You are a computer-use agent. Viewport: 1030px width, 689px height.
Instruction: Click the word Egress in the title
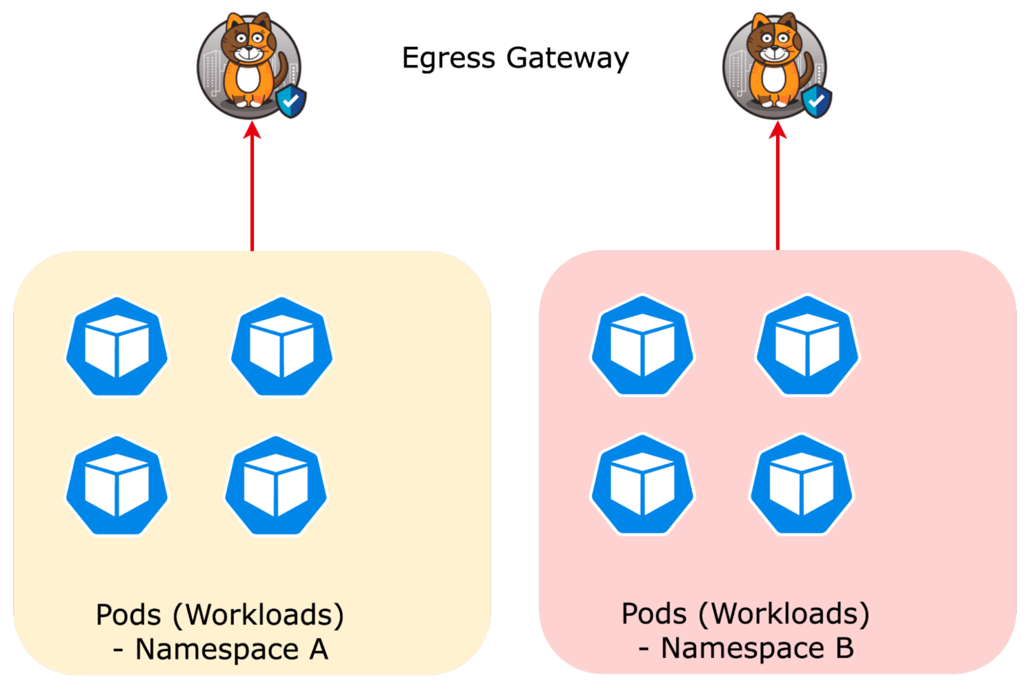coord(449,58)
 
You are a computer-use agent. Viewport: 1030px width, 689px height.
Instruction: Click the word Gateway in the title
coord(567,58)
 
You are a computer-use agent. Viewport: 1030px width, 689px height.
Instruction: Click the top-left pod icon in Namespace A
coord(117,347)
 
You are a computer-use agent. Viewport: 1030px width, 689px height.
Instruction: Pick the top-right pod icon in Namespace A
coord(282,347)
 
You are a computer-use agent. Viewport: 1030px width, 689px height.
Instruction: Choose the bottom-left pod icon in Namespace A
coord(117,486)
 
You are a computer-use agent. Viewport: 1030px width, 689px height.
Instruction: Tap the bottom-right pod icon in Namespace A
coord(276,486)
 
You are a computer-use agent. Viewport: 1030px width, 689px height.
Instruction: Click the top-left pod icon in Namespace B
coord(642,346)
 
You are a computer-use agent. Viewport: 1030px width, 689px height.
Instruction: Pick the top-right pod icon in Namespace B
coord(807,346)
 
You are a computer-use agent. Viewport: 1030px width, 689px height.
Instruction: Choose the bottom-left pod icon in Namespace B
coord(642,484)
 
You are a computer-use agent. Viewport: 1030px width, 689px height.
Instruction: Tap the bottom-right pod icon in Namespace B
coord(801,484)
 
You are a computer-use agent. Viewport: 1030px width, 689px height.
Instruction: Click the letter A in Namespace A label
coord(318,649)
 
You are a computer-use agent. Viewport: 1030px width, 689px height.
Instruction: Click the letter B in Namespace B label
coord(844,648)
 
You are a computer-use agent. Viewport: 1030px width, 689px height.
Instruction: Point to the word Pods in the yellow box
coord(129,615)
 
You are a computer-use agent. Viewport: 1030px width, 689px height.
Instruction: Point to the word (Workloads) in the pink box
coord(784,613)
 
